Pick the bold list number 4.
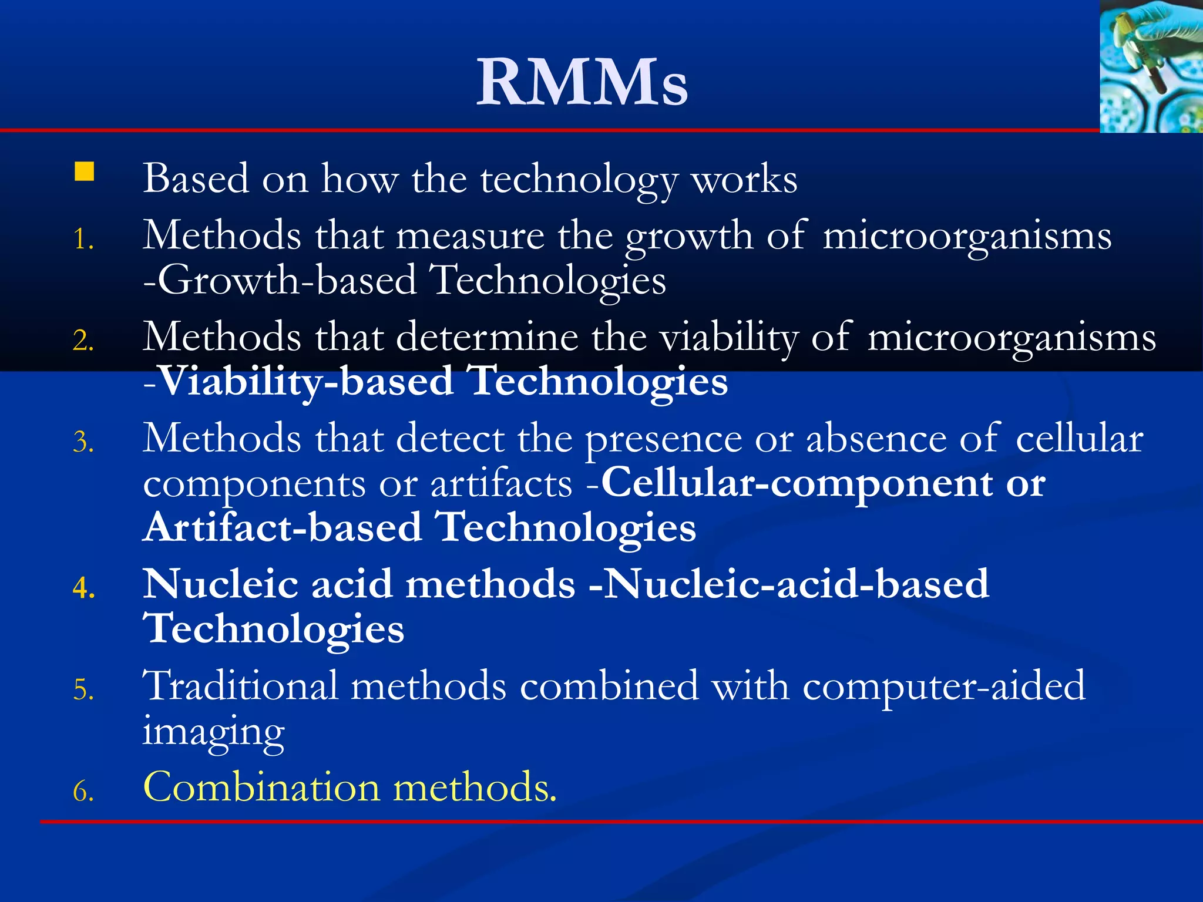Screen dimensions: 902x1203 pyautogui.click(x=84, y=588)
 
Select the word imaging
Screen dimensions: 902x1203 pyautogui.click(x=214, y=732)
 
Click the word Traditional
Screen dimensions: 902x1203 pyautogui.click(x=241, y=686)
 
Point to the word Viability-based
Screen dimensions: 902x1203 pyautogui.click(x=306, y=382)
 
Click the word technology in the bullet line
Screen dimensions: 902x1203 pyautogui.click(x=579, y=180)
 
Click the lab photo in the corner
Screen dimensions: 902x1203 pyautogui.click(x=1151, y=66)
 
